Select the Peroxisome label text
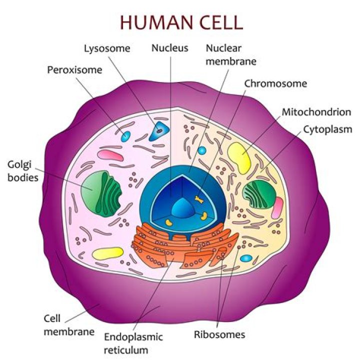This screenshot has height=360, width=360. click(x=74, y=70)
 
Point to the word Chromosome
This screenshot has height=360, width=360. click(x=275, y=83)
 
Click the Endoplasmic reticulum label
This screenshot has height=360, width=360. click(x=133, y=342)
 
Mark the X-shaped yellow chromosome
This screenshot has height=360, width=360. click(x=199, y=200)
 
